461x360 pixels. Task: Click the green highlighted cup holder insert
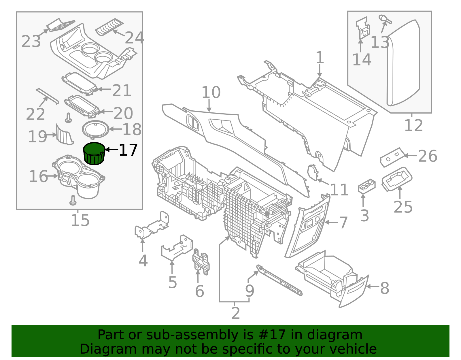point(94,154)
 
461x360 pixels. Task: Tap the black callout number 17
point(128,150)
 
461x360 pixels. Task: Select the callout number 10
point(211,93)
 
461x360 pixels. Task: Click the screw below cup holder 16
point(73,200)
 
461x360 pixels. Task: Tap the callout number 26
point(427,156)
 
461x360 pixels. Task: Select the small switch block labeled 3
point(366,186)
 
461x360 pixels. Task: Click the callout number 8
point(384,288)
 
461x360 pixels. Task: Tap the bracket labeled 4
point(151,226)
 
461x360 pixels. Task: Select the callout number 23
point(31,42)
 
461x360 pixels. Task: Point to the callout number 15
point(80,220)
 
